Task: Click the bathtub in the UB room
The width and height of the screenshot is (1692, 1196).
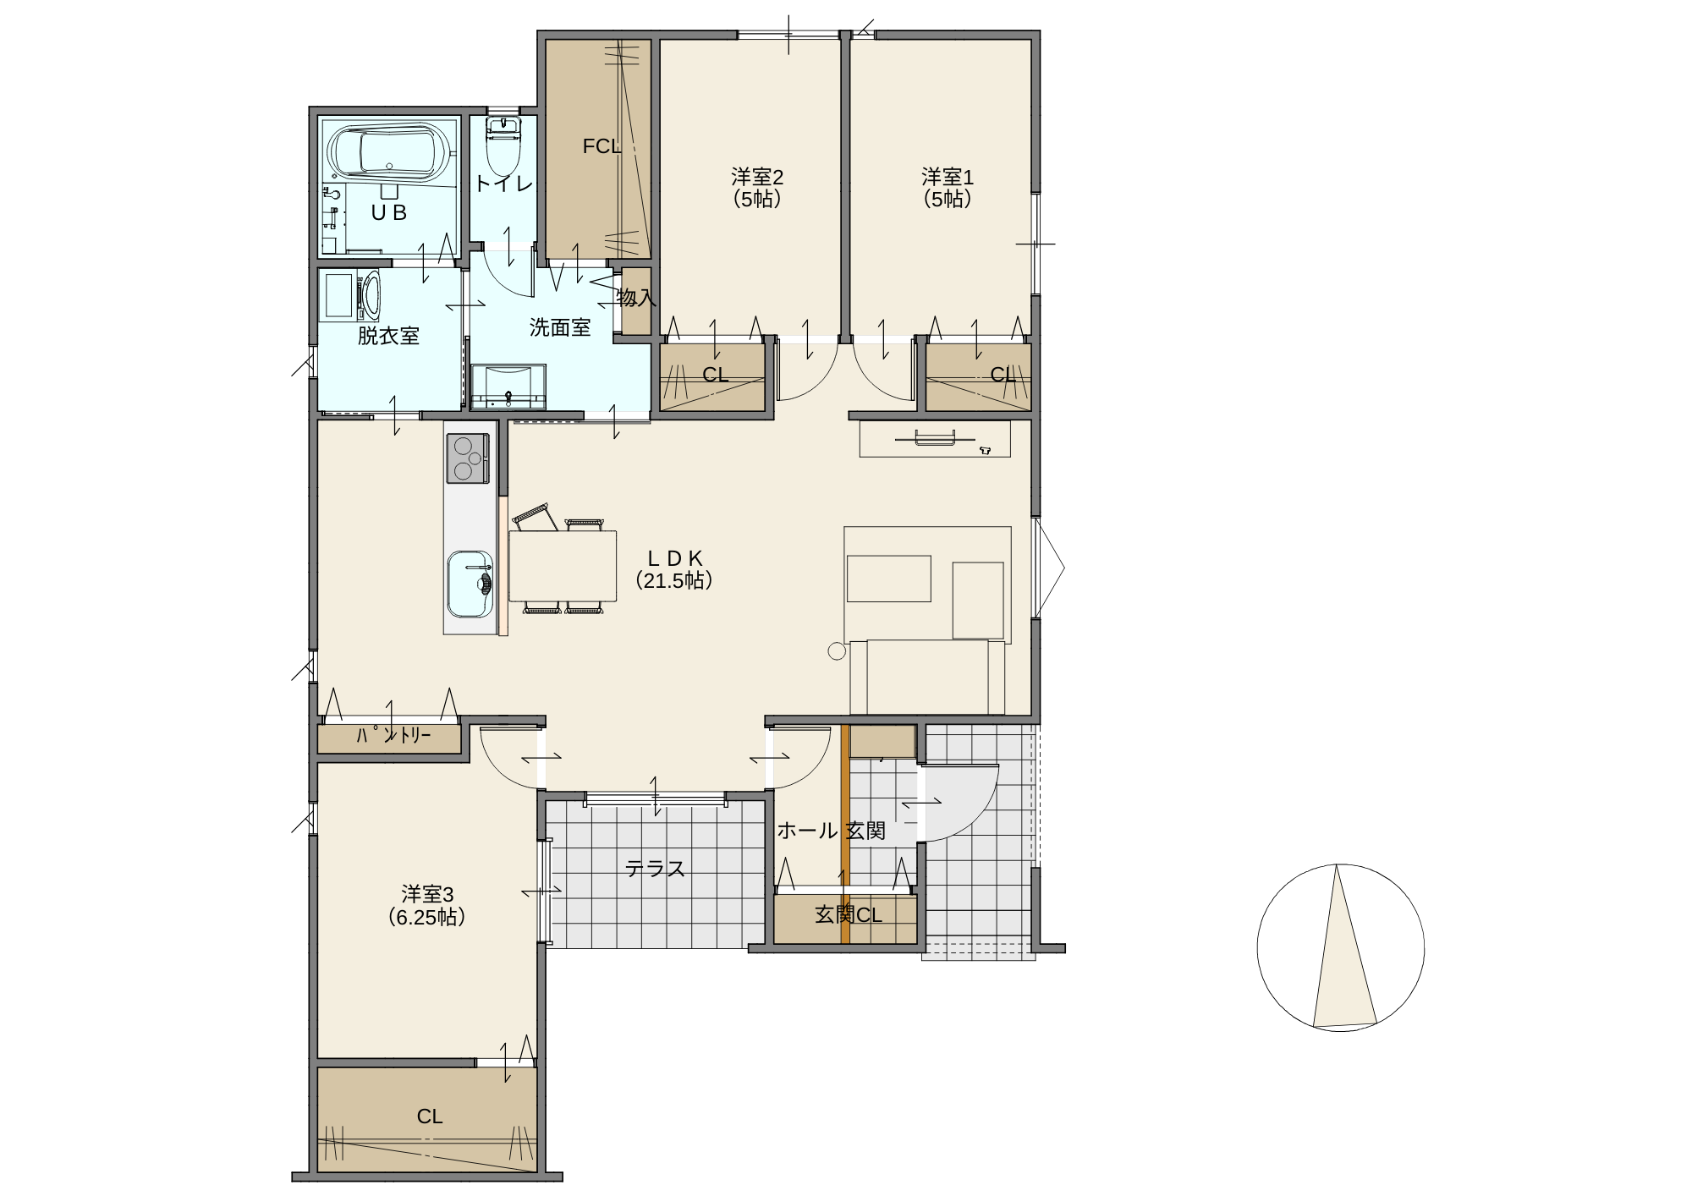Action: pyautogui.click(x=390, y=153)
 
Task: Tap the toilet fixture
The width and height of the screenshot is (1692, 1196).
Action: pyautogui.click(x=503, y=146)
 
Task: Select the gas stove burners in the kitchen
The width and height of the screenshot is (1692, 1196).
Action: pyautogui.click(x=467, y=458)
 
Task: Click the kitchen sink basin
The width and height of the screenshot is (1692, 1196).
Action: pyautogui.click(x=470, y=584)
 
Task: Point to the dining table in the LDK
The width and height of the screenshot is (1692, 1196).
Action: pyautogui.click(x=563, y=566)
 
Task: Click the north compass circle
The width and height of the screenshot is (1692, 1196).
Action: pyautogui.click(x=1340, y=947)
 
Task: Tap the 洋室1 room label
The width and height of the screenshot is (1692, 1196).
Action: pyautogui.click(x=948, y=188)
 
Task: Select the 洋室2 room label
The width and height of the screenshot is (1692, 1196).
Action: pyautogui.click(x=757, y=188)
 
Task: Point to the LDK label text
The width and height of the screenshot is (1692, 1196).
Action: pyautogui.click(x=674, y=569)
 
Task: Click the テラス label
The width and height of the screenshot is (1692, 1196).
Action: pyautogui.click(x=655, y=869)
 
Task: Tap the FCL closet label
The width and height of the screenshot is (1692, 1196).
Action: pyautogui.click(x=602, y=146)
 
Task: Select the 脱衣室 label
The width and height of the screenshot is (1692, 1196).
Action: pyautogui.click(x=388, y=336)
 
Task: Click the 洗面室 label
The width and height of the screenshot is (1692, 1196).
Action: pyautogui.click(x=560, y=327)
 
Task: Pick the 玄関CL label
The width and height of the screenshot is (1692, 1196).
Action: pyautogui.click(x=849, y=914)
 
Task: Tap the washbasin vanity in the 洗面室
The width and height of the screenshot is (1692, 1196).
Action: pyautogui.click(x=508, y=387)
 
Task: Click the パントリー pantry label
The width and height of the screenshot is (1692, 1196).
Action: pyautogui.click(x=393, y=735)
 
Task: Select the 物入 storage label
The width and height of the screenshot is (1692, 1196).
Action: pyautogui.click(x=636, y=298)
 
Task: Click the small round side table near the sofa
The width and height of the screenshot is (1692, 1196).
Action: pyautogui.click(x=837, y=651)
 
